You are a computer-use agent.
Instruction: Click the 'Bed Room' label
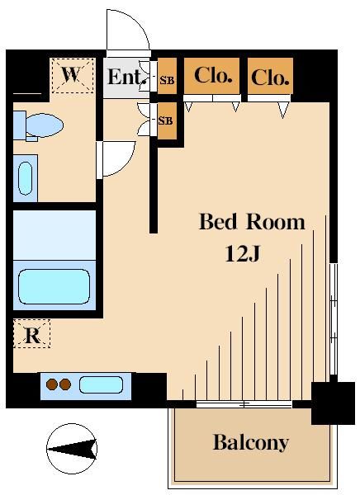pos(252,222)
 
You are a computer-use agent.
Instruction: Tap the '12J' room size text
pos(243,254)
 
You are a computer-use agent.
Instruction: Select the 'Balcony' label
pos(250,442)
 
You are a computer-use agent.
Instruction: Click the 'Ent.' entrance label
pos(126,78)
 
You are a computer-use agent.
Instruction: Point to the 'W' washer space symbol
pos(72,75)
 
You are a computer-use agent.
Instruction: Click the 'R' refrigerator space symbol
pos(32,335)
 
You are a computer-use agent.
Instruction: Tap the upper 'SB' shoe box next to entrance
pos(167,79)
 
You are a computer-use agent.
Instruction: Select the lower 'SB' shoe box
pos(167,120)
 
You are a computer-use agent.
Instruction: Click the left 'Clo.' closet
pos(213,77)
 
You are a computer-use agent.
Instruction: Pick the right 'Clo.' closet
pos(270,78)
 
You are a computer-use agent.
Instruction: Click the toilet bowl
pos(40,125)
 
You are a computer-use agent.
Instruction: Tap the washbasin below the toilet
pos(25,177)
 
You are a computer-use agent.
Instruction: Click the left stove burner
pos(52,384)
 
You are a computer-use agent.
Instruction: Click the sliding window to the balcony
pos(244,404)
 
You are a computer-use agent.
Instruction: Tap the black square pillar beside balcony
pos(332,403)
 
